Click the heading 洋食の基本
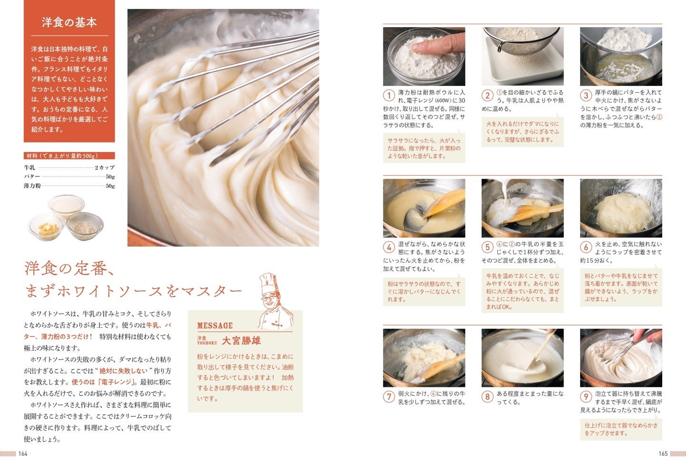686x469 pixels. pos(69,22)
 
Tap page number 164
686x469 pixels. pos(23,454)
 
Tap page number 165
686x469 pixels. pos(663,454)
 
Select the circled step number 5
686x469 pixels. pos(487,247)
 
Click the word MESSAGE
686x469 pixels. pos(215,325)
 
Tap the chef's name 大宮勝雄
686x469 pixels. pos(241,341)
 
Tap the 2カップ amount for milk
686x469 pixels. pos(105,168)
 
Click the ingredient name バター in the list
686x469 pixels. pos(32,177)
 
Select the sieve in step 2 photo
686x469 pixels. pos(521,40)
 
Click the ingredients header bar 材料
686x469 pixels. pos(69,155)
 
